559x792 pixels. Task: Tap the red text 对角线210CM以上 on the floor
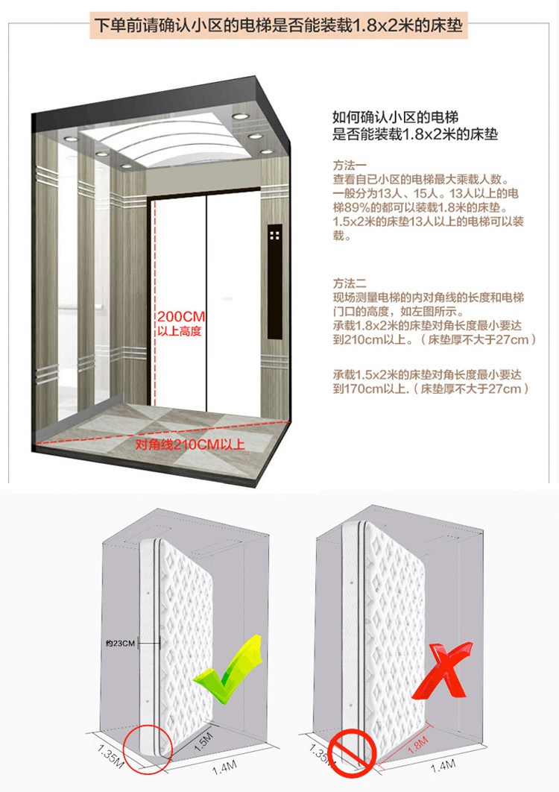pos(190,445)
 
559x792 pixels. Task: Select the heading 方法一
pos(349,165)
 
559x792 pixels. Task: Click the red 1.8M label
pos(419,743)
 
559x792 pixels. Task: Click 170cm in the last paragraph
pos(356,389)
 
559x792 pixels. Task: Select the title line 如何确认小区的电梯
pos(394,118)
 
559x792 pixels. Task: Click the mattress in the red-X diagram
pos(396,626)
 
